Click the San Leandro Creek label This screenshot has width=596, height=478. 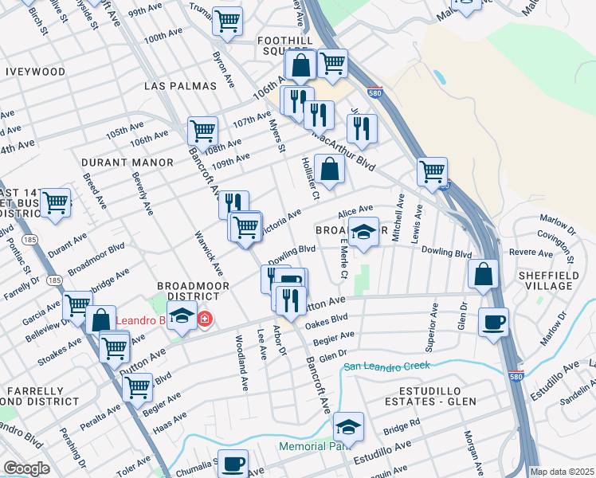point(386,366)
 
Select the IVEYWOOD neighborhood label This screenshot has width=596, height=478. point(36,72)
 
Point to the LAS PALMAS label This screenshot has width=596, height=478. point(181,86)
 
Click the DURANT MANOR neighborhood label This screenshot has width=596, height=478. point(127,163)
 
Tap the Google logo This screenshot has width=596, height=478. point(26,468)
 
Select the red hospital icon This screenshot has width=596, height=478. point(205,319)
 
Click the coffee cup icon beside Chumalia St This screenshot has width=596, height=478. point(233,462)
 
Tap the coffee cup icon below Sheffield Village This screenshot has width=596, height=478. point(493,322)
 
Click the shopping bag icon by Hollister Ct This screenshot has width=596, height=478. point(329,168)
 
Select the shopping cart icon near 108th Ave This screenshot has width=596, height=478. point(203,129)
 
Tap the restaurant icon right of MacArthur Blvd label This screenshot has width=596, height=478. point(363,127)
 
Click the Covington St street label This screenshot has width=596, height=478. point(569,245)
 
